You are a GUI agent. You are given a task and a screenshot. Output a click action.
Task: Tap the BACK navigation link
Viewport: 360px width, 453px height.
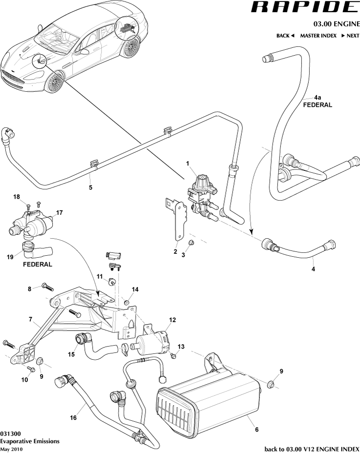(x=286, y=36)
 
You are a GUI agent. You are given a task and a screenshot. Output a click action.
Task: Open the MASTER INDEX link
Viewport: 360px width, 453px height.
(x=318, y=36)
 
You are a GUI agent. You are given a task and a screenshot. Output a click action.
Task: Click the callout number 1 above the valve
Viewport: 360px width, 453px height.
(x=187, y=162)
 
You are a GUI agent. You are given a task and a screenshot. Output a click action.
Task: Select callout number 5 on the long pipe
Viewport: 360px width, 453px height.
(x=90, y=186)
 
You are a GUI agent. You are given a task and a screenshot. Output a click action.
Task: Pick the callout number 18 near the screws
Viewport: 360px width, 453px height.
(x=17, y=197)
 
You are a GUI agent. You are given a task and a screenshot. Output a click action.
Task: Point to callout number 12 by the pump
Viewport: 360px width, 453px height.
(x=172, y=320)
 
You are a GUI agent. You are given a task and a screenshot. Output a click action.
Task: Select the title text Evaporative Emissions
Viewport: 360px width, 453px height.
(x=30, y=441)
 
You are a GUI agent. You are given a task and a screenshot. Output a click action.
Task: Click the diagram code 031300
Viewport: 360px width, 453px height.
(x=10, y=433)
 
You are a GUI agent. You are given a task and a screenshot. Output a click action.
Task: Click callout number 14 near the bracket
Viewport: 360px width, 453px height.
(x=135, y=289)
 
